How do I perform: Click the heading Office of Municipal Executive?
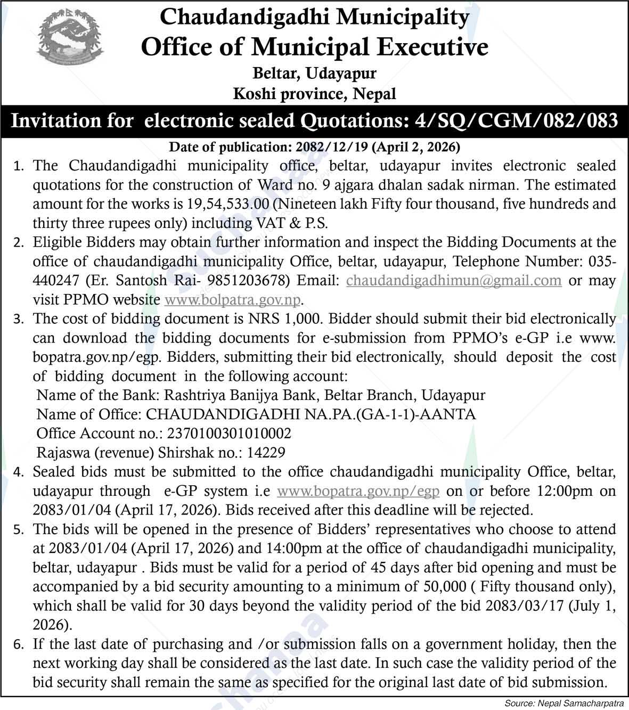tap(314, 47)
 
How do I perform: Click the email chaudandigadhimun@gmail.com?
tap(454, 280)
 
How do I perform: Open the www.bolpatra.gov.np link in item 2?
tap(233, 299)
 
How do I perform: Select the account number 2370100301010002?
tap(229, 434)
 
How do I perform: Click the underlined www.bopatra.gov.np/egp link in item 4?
tap(358, 491)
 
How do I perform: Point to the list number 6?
tap(18, 644)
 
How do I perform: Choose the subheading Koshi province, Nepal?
tap(314, 95)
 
